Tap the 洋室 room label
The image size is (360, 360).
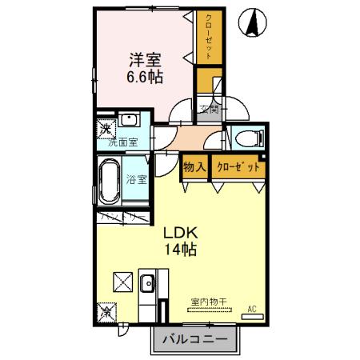point(146,58)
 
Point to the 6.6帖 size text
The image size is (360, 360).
point(146,78)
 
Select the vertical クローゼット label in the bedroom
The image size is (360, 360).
point(208,36)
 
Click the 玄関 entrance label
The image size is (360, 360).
point(209,110)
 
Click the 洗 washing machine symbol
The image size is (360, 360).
point(106,129)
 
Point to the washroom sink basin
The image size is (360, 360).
point(130,122)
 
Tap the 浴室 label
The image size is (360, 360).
point(137,179)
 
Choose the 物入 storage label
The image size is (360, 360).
point(194,168)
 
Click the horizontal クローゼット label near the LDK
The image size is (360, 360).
point(238,168)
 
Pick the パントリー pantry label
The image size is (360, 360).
point(122,216)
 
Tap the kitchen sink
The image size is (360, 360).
point(147,283)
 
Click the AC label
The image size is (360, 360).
point(251,309)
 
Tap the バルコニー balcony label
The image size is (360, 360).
point(195,340)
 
